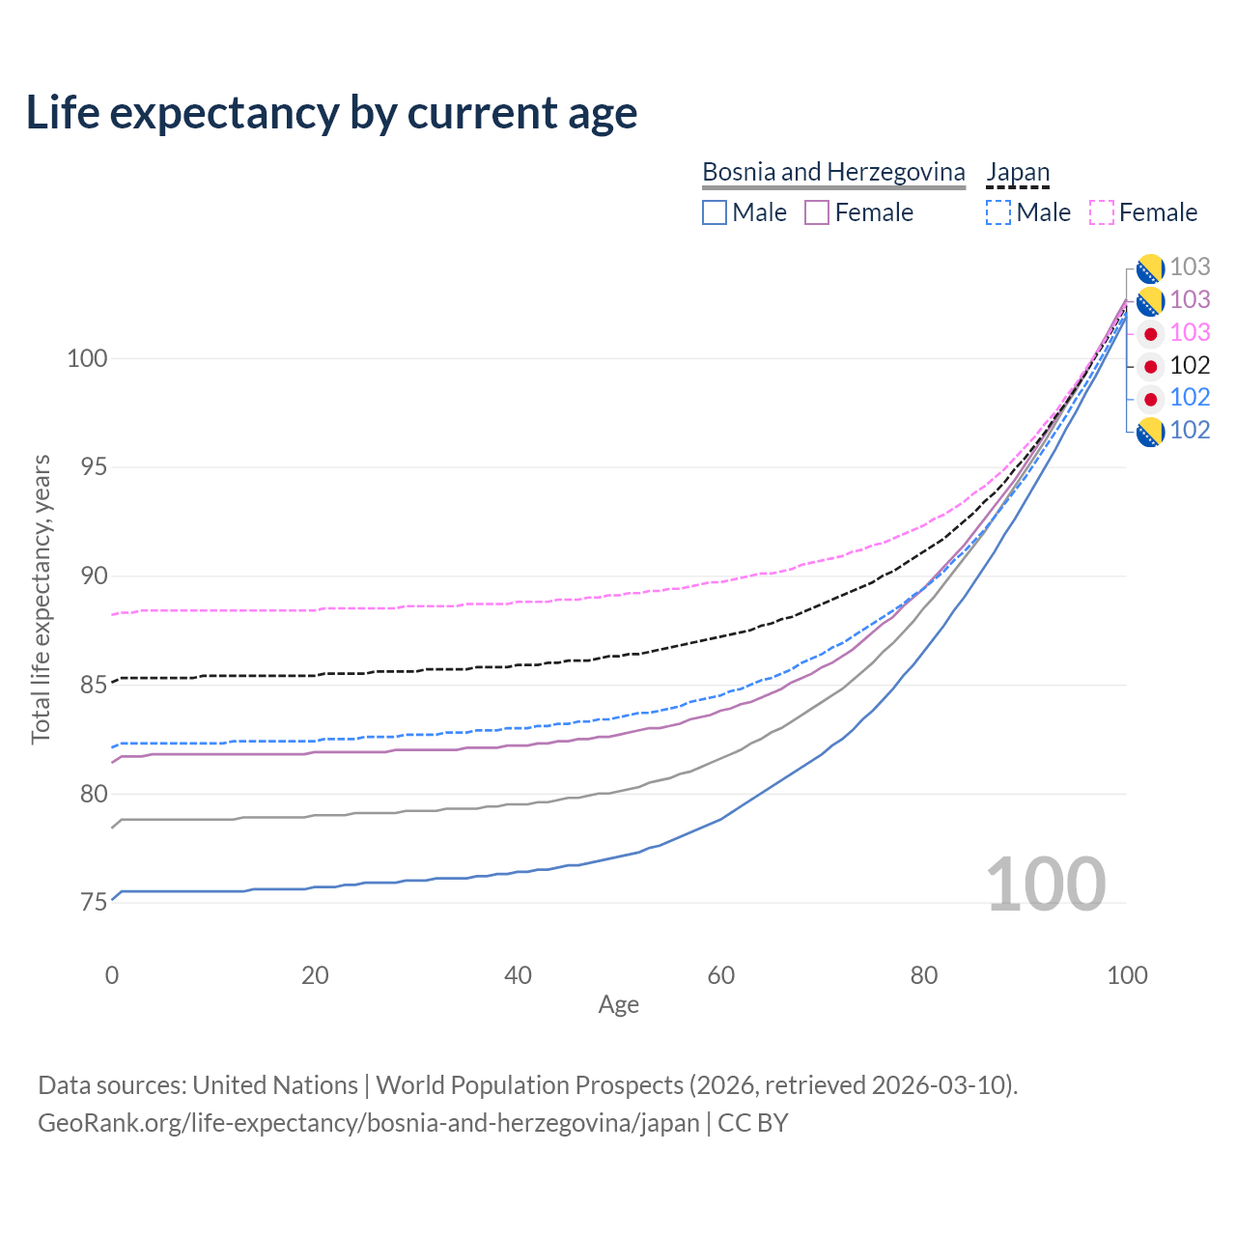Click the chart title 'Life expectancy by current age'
pos(331,113)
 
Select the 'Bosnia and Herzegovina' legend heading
pos(833,172)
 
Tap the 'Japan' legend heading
pos(1017,172)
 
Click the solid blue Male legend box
pos(715,212)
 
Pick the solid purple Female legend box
pos(817,212)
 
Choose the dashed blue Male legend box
pos(998,212)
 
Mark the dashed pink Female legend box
pos(1102,212)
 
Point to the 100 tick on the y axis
pos(87,358)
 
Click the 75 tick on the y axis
pos(94,903)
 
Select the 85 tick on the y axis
pos(94,685)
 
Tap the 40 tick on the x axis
pos(518,975)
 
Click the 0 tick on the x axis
pos(112,975)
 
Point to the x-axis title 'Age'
pos(618,1005)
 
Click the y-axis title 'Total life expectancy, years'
pos(42,600)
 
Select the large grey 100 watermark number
pos(1046,885)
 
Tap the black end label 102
pos(1190,366)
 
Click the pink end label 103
pos(1190,332)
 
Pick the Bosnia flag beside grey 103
pos(1150,268)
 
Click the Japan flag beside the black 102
pos(1150,366)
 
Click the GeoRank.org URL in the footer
pos(369,1123)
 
